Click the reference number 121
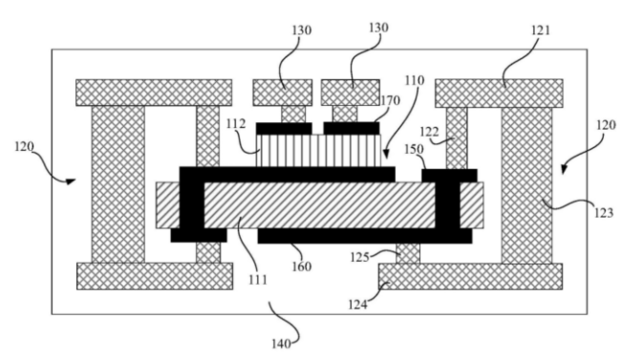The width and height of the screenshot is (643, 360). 541,31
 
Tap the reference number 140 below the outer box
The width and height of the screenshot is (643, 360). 281,344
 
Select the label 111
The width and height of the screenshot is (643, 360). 258,280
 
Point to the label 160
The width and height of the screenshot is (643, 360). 302,266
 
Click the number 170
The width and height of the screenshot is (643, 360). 390,100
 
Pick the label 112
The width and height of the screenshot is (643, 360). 236,123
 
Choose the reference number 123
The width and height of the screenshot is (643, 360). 604,212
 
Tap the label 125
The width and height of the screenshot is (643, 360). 359,257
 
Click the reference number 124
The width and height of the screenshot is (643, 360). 358,305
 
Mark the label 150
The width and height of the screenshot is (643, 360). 415,149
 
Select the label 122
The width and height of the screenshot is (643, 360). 429,132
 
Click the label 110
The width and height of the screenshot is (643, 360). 415,80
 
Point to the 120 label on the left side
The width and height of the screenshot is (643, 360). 24,146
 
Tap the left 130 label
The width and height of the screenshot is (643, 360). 302,31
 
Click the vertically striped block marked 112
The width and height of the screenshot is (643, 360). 318,151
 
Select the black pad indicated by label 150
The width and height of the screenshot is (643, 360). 449,175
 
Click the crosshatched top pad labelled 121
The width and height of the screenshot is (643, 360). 499,94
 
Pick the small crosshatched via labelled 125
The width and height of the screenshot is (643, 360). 408,253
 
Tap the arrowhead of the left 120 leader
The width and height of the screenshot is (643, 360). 72,181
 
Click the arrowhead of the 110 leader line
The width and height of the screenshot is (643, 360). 386,155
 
